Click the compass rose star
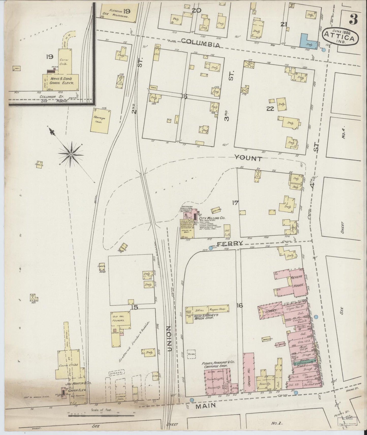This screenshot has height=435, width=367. [x=71, y=154]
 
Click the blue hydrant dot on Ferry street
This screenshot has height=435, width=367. [x=211, y=248]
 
